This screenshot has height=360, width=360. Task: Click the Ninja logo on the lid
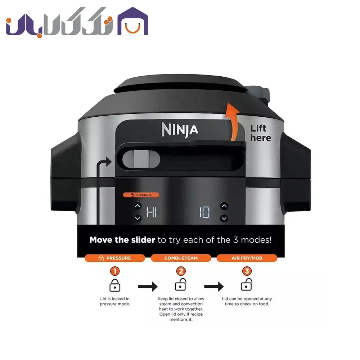pyautogui.click(x=180, y=130)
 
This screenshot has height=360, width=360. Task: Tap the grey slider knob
pyautogui.click(x=141, y=159)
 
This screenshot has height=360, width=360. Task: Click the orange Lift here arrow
pyautogui.click(x=233, y=122)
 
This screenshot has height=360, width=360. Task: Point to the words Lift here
pyautogui.click(x=261, y=133)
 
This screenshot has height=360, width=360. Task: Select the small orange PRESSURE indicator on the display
pyautogui.click(x=141, y=195)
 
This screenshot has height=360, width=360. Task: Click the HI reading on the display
pyautogui.click(x=152, y=212)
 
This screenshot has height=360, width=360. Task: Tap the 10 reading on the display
pyautogui.click(x=204, y=212)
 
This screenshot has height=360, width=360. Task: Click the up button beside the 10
pyautogui.click(x=224, y=206)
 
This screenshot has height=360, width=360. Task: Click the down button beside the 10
pyautogui.click(x=224, y=218)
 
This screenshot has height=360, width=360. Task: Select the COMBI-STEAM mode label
pyautogui.click(x=181, y=258)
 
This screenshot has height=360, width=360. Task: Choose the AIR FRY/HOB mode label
pyautogui.click(x=247, y=258)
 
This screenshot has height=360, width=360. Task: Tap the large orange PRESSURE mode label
pyautogui.click(x=115, y=258)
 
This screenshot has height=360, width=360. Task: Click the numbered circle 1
pyautogui.click(x=115, y=271)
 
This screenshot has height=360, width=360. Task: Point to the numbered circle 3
pyautogui.click(x=247, y=271)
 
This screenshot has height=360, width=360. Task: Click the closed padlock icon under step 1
pyautogui.click(x=115, y=285)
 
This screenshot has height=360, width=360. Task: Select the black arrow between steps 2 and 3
pyautogui.click(x=214, y=286)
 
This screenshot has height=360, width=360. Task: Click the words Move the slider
pyautogui.click(x=122, y=240)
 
